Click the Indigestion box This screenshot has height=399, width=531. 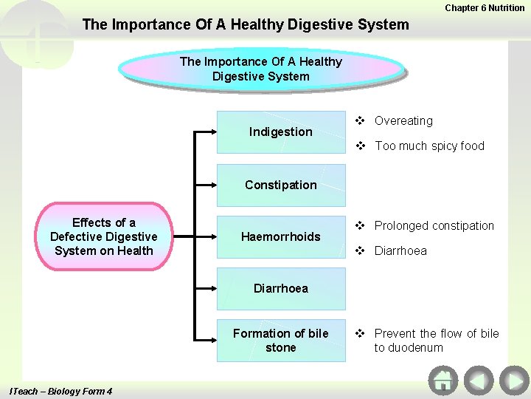[280, 132]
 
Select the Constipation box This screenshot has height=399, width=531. [280, 185]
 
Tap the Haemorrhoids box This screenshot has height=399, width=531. [280, 236]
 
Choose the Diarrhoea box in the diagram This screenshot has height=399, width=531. [280, 288]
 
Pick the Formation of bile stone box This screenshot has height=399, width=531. [280, 340]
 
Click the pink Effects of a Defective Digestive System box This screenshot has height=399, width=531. [104, 236]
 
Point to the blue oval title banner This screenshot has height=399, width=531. [261, 69]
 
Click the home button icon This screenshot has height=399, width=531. [442, 381]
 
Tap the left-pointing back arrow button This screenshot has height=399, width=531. [479, 381]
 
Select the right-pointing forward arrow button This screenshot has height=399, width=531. [513, 381]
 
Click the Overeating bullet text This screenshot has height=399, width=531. [403, 120]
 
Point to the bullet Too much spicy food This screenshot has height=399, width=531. [429, 146]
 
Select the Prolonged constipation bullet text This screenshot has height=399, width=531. [434, 225]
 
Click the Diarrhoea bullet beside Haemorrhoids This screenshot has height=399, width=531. [400, 250]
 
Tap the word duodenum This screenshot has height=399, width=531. [409, 347]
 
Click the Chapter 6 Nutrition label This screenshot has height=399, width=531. [485, 7]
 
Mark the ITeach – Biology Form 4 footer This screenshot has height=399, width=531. [60, 391]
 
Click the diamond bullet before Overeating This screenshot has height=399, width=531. [361, 120]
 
